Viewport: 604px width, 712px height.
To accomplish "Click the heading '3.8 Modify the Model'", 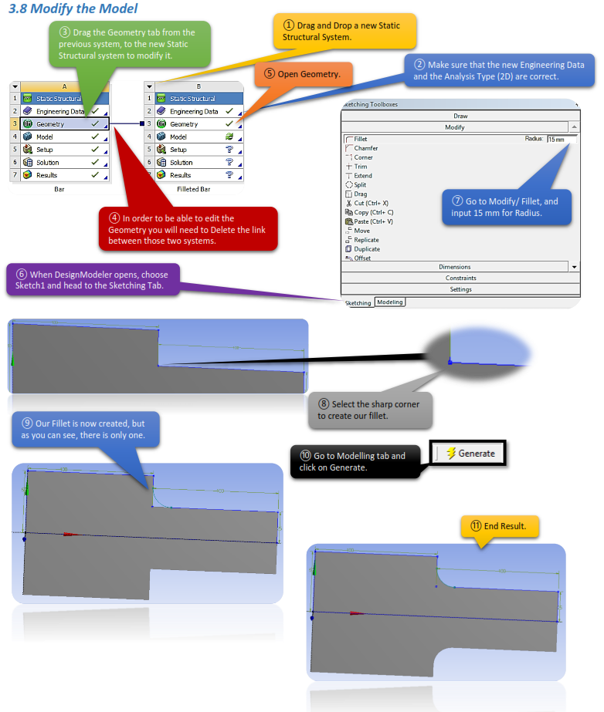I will pos(73,9).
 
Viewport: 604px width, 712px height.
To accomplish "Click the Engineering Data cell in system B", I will pos(194,111).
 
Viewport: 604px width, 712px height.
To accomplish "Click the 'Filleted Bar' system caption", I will pos(193,189).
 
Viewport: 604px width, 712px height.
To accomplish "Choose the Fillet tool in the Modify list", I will pos(360,139).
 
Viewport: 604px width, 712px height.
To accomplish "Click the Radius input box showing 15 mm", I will pos(562,139).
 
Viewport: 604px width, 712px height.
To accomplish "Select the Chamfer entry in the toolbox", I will pos(365,148).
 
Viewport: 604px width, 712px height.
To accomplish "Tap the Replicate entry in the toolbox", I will pos(366,239).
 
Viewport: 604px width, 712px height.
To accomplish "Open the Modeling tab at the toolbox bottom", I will pos(389,302).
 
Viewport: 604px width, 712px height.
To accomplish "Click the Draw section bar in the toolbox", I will pos(460,116).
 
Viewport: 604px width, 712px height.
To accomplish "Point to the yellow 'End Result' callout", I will pos(499,526).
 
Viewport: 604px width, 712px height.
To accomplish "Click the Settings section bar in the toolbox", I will pos(460,289).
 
